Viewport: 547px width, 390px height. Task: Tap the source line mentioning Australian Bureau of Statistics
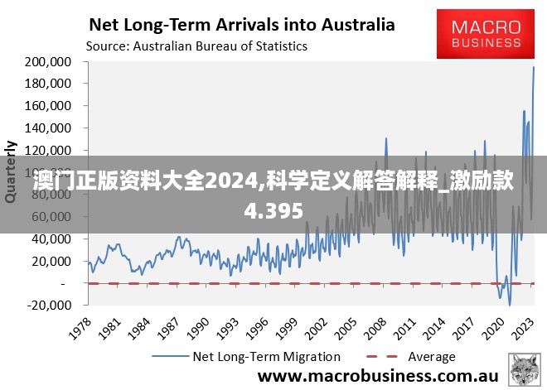pyautogui.click(x=197, y=46)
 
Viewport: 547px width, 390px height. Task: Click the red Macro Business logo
pyautogui.click(x=486, y=35)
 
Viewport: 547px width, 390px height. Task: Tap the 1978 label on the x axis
pyautogui.click(x=80, y=325)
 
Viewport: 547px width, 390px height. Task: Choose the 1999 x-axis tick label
pyautogui.click(x=286, y=325)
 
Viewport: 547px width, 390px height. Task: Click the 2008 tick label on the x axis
pyautogui.click(x=376, y=325)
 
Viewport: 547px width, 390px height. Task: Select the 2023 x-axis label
pyautogui.click(x=525, y=325)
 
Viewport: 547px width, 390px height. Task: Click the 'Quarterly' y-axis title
pyautogui.click(x=12, y=171)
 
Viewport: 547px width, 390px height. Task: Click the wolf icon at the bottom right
pyautogui.click(x=524, y=368)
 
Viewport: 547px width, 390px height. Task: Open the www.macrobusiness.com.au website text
pyautogui.click(x=377, y=376)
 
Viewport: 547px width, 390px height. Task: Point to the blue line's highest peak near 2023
pyautogui.click(x=534, y=67)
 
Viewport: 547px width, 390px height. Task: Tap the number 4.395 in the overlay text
pyautogui.click(x=273, y=211)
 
